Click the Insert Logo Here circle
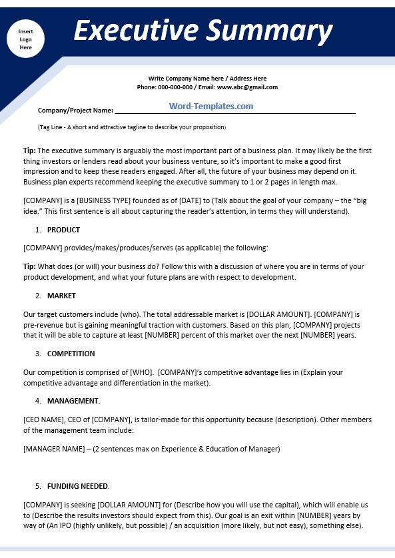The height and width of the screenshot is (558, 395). pos(25,39)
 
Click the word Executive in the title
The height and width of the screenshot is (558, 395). pos(135,31)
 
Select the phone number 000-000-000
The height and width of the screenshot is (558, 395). pos(175,87)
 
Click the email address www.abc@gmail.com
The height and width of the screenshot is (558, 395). pos(248,87)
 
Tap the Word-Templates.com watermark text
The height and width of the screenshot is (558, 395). pos(210,107)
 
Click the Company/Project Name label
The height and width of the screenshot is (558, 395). pos(75,111)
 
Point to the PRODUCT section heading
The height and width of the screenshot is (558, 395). pos(63,230)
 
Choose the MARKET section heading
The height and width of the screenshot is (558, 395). pos(61,296)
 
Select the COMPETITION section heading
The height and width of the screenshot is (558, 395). pos(71,354)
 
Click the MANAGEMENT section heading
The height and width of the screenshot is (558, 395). pos(73,401)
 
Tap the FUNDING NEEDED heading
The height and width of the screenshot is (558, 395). pos(78,486)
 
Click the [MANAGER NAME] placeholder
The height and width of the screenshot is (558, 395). pos(53,449)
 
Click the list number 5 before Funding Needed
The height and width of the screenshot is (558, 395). pos(38,486)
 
